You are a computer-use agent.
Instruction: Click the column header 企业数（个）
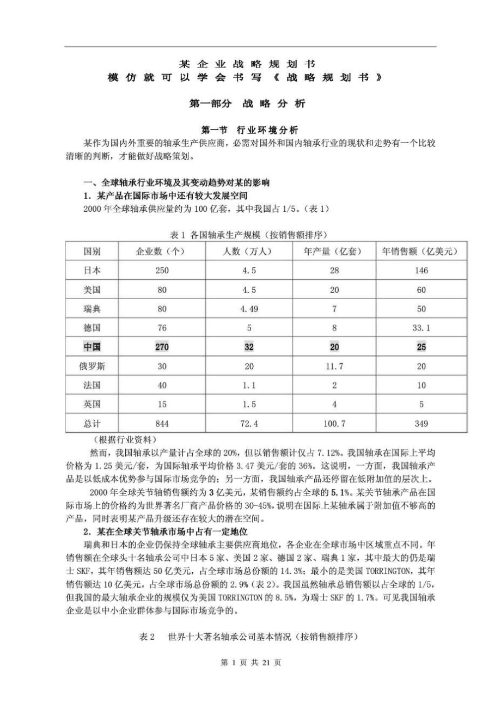162,252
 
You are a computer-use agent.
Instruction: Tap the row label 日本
92,271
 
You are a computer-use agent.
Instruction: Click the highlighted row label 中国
92,347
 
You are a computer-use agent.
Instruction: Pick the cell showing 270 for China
162,347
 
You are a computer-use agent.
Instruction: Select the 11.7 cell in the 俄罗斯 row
334,366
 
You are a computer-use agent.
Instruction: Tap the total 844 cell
162,423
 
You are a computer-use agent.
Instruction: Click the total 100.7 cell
334,423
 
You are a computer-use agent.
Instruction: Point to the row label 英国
92,405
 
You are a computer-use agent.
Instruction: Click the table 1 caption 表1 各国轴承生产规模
250,234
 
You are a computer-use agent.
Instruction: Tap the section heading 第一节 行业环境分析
250,130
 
